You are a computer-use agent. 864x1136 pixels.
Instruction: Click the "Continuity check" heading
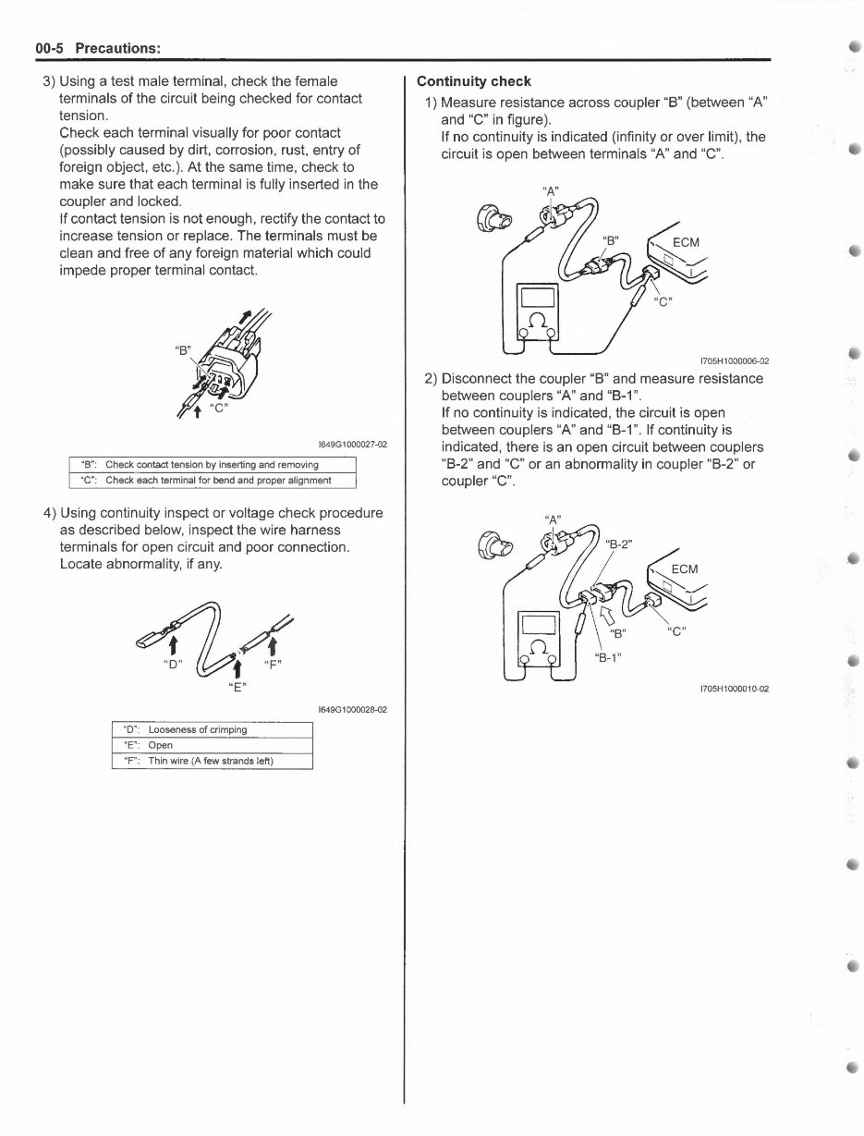474,81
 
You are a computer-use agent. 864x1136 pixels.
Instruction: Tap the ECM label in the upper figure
687,243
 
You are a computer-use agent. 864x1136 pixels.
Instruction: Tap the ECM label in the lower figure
685,568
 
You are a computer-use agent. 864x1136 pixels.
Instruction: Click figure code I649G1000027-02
351,445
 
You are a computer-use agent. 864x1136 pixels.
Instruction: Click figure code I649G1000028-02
351,710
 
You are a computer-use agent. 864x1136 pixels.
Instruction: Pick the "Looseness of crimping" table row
213,729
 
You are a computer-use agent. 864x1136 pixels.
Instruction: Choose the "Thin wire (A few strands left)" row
213,761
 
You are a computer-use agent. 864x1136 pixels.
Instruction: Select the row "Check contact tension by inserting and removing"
213,465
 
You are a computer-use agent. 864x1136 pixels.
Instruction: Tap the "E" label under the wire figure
237,686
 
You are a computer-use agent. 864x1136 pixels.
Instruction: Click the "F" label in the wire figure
274,663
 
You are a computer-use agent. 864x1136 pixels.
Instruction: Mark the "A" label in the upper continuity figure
553,190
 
